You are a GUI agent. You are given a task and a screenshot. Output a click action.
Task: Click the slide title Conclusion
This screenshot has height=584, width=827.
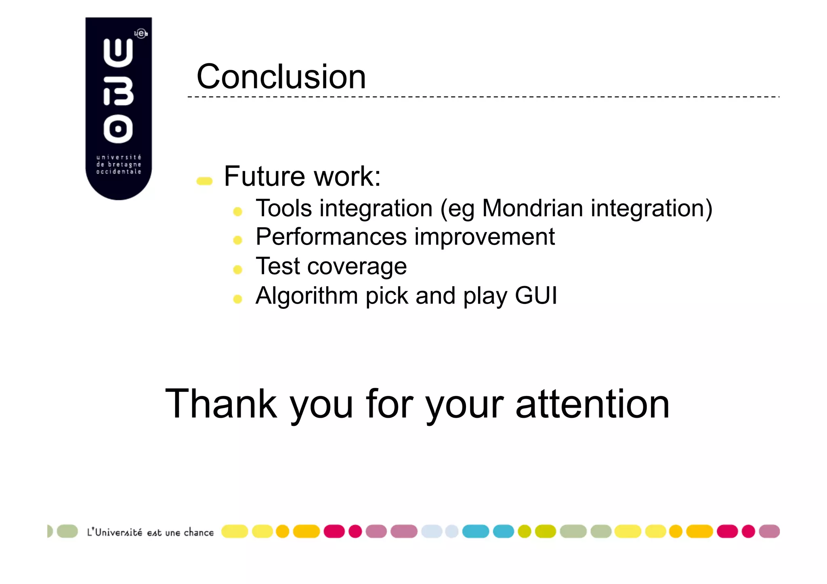281,77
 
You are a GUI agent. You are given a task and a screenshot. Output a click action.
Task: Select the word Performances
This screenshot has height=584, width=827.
331,237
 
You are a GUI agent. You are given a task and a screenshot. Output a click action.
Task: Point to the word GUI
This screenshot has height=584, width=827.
536,295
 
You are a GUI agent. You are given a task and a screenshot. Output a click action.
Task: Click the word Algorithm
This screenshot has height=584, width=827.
306,296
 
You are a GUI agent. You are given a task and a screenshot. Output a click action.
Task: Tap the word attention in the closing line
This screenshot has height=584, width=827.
592,404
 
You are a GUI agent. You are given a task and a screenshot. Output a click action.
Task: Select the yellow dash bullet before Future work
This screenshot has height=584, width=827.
204,181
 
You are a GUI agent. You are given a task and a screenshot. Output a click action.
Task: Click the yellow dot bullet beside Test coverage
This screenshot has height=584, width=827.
237,270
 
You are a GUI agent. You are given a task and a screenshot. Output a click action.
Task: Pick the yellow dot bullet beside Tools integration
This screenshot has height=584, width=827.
237,211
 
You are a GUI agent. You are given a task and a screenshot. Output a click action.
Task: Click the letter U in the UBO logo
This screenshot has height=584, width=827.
118,53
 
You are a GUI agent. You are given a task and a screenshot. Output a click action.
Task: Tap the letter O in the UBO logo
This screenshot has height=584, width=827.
118,129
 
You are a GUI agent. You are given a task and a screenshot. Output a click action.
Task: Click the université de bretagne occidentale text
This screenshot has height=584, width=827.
119,164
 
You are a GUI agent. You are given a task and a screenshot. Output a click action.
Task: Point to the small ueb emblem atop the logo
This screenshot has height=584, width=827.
141,33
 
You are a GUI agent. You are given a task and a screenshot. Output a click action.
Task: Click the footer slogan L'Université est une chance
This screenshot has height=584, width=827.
150,532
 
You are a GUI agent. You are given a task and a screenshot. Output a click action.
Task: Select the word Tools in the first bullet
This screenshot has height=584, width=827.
284,208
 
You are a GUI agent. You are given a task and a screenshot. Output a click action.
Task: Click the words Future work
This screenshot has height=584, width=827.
302,176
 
